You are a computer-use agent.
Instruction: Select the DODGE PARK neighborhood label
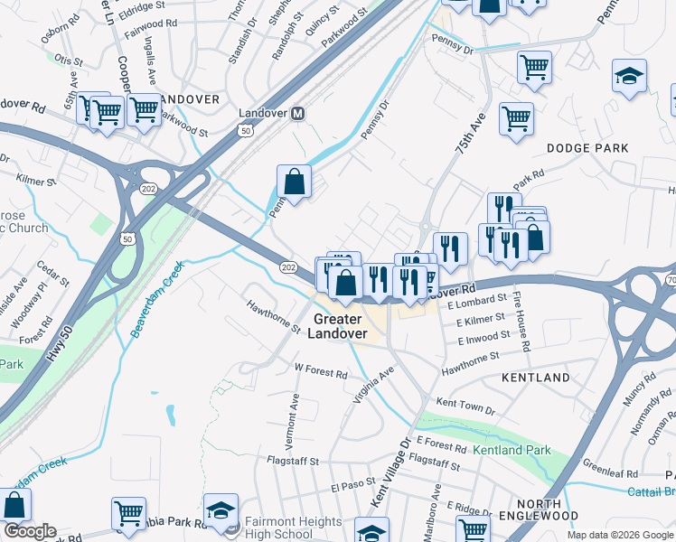pos(587,148)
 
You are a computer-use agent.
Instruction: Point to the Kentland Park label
pos(512,450)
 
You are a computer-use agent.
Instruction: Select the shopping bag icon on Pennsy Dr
pos(295,182)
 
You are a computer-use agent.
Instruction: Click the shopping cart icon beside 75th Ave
pos(516,118)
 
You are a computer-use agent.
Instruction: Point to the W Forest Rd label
pos(321,372)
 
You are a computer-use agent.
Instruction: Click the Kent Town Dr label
pos(465,404)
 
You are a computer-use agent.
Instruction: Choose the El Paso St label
pos(352,487)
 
